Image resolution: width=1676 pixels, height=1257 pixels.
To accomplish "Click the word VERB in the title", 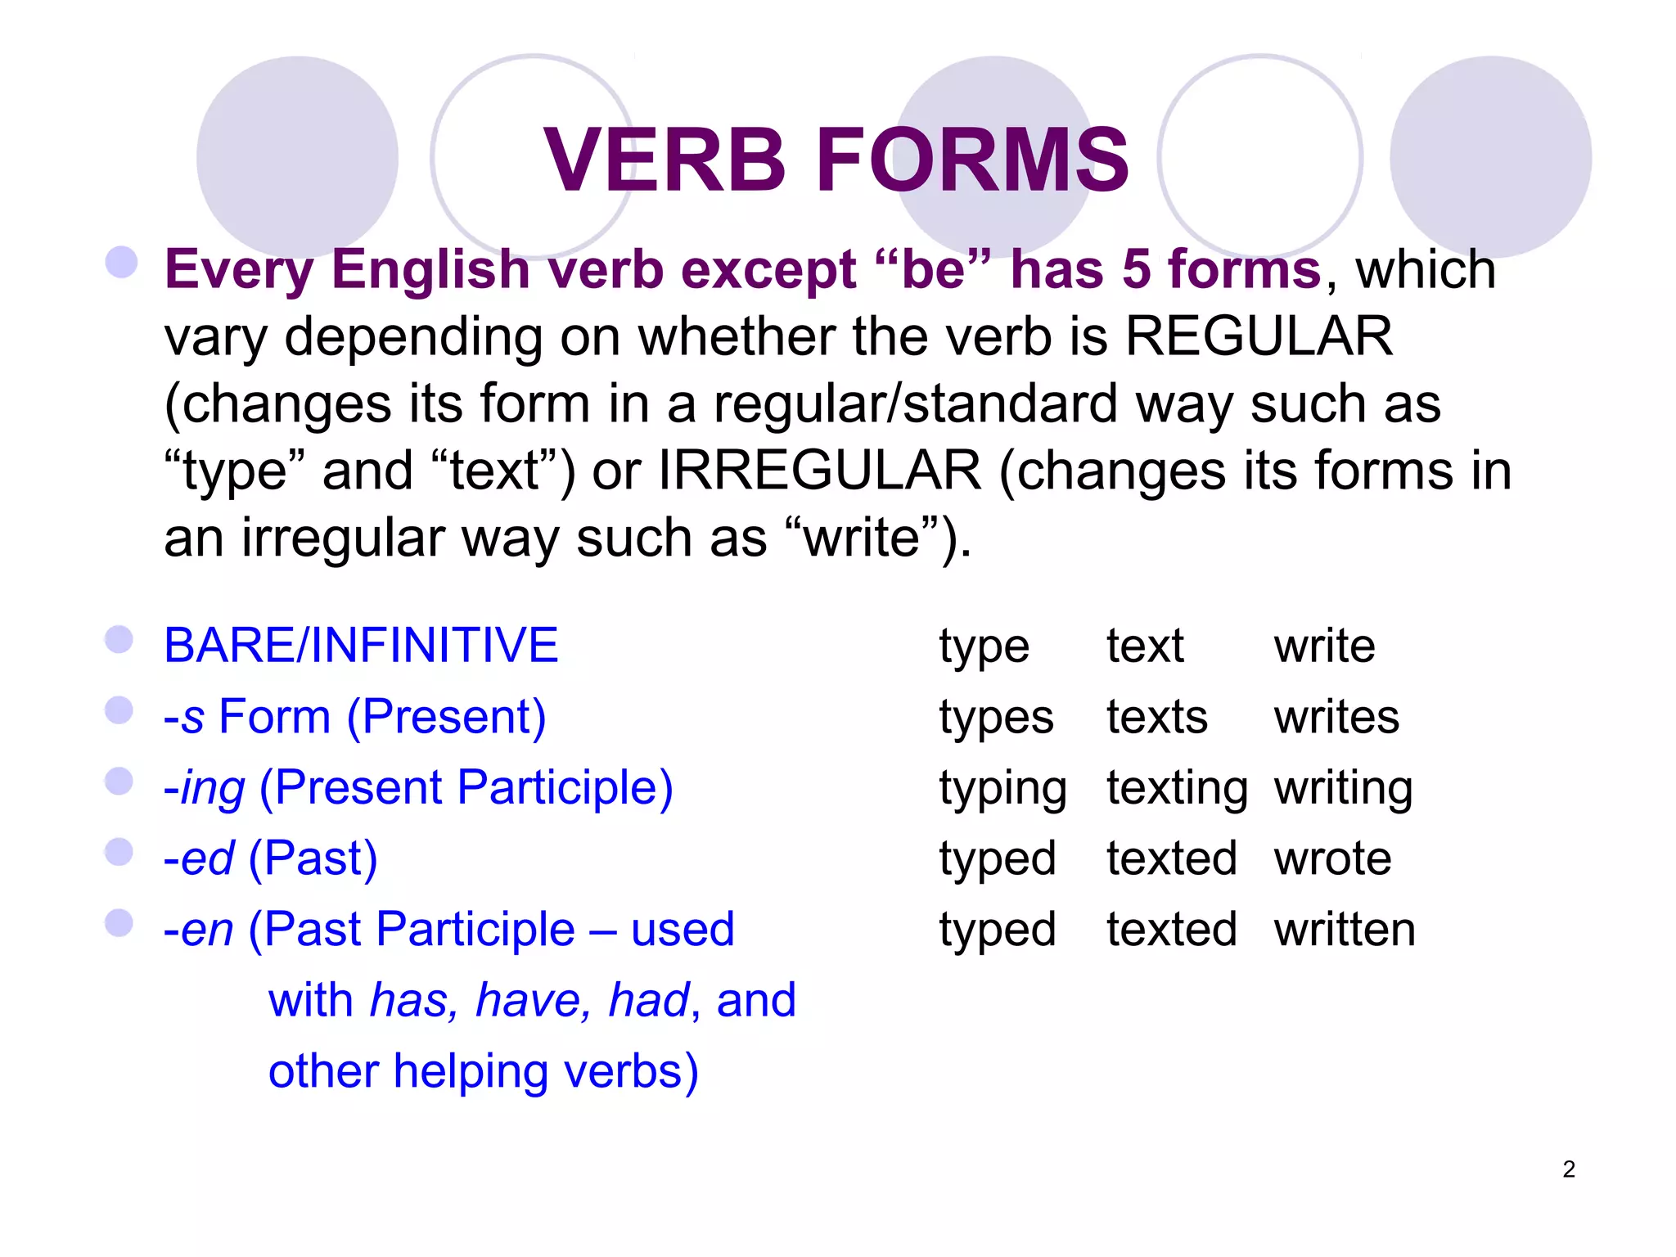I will (x=665, y=160).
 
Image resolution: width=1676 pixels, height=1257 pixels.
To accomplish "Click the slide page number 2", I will (x=1568, y=1169).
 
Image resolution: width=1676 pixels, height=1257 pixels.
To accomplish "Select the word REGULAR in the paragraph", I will (x=1259, y=336).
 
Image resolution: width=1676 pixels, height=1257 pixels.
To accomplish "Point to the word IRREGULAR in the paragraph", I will (x=819, y=471).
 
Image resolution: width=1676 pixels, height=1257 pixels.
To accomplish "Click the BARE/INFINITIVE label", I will (x=361, y=645).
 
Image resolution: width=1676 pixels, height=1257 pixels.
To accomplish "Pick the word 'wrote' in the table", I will (x=1332, y=858).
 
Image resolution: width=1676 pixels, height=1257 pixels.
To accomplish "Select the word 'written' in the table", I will (x=1345, y=930).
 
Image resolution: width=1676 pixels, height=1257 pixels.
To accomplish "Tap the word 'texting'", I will (x=1177, y=788).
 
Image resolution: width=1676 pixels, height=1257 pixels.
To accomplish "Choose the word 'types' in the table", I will (x=996, y=719).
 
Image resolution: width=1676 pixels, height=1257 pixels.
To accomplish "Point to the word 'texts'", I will (x=1156, y=718).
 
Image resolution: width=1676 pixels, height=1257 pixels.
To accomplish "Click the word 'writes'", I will (x=1336, y=718).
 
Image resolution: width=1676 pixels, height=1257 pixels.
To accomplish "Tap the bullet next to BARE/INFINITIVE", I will (x=119, y=640).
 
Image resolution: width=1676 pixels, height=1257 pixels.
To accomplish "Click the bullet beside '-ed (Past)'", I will (x=119, y=852).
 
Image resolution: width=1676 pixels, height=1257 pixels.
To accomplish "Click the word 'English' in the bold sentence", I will (x=430, y=269).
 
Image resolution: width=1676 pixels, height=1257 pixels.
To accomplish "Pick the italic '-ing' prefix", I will (x=205, y=789).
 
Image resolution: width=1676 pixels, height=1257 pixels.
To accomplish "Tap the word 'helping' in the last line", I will (x=471, y=1071).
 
